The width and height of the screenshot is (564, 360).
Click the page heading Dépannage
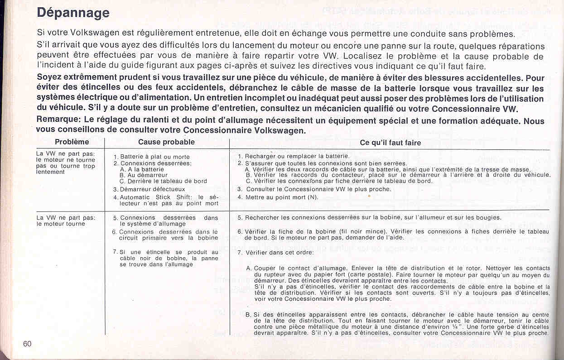(x=73, y=13)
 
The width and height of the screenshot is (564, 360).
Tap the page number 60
(x=28, y=343)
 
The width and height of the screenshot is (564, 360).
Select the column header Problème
(x=72, y=142)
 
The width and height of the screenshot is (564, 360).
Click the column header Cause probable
(x=166, y=142)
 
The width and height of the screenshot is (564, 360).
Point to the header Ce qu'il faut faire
(x=390, y=143)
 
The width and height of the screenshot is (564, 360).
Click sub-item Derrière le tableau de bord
(x=163, y=181)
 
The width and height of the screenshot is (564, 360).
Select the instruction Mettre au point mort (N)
(x=282, y=197)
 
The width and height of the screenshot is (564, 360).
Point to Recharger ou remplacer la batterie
(x=297, y=156)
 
